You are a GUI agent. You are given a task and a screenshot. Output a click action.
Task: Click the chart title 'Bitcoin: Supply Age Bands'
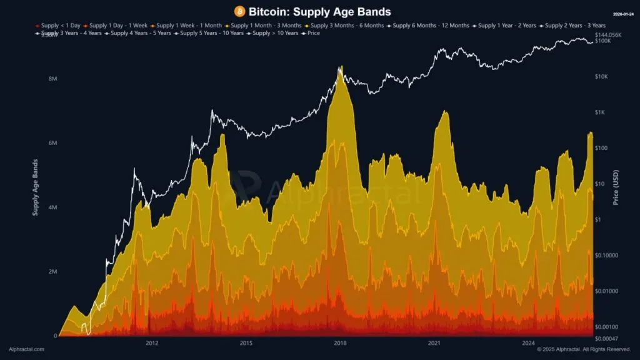click(x=319, y=12)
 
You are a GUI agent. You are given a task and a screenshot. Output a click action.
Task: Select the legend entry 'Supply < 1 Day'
click(x=59, y=25)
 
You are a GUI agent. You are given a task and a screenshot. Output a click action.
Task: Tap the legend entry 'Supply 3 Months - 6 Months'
click(x=345, y=25)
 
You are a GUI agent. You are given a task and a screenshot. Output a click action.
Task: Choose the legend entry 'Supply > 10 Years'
click(x=275, y=32)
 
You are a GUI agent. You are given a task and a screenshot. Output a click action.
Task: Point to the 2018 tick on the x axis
click(x=340, y=342)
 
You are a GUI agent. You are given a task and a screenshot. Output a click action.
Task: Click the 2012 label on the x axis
click(x=151, y=342)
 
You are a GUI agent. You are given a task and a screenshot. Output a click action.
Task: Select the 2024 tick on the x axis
click(x=529, y=342)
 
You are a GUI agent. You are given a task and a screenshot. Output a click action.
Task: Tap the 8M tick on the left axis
click(x=52, y=79)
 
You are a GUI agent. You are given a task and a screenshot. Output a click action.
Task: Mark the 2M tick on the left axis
click(x=52, y=272)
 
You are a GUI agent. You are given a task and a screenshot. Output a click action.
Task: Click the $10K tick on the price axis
click(x=602, y=77)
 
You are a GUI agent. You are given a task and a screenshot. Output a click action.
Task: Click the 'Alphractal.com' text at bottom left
click(x=26, y=349)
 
